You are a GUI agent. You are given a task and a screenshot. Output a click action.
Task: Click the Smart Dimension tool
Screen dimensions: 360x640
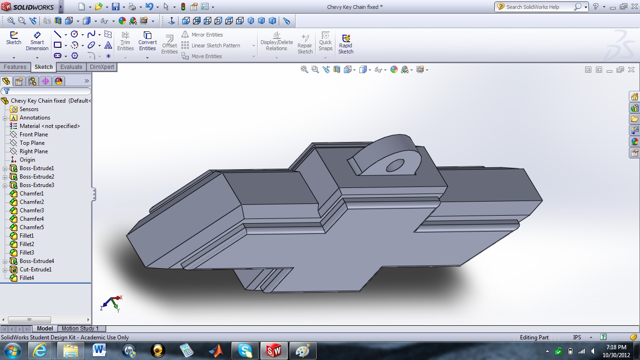click(x=37, y=41)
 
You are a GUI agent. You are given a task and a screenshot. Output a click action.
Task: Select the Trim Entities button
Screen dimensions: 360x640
click(x=125, y=41)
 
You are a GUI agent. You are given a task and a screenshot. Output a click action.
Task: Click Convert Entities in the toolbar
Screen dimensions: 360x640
click(x=147, y=41)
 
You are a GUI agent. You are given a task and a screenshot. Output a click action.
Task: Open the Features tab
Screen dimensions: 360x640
click(x=15, y=67)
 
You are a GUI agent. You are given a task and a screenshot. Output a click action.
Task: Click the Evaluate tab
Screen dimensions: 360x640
click(x=71, y=67)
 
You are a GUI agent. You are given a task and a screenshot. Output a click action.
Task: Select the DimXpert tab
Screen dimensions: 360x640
click(x=101, y=67)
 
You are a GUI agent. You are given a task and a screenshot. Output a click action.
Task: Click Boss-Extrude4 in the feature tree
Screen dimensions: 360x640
click(x=37, y=261)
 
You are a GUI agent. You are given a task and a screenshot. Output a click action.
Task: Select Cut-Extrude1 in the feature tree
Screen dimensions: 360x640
click(x=36, y=270)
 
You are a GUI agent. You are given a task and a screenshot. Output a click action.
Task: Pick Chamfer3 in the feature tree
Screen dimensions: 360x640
click(x=31, y=210)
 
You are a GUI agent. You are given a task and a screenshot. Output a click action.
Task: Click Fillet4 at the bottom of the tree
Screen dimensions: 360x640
click(x=27, y=278)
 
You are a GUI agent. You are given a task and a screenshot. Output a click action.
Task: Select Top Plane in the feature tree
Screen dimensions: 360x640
click(x=32, y=143)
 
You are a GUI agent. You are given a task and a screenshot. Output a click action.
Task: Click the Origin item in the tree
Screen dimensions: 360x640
click(x=27, y=160)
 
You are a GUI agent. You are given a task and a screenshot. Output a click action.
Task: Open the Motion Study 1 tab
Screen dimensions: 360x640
click(x=80, y=329)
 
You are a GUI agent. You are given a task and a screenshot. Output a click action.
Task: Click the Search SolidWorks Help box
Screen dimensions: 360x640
click(x=539, y=7)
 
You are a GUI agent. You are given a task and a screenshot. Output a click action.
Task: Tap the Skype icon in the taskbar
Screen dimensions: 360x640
click(x=245, y=350)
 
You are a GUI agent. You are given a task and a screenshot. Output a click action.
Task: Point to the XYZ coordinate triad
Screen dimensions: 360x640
click(x=111, y=303)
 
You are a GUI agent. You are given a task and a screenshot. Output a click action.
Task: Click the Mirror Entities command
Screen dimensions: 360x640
click(x=207, y=35)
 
